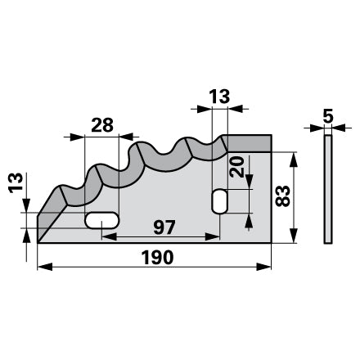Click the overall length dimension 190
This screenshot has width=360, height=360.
pyautogui.click(x=158, y=257)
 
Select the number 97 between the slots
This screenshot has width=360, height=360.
pyautogui.click(x=164, y=227)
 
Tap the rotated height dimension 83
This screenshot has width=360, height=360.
pyautogui.click(x=282, y=196)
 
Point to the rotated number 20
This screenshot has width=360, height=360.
pyautogui.click(x=236, y=167)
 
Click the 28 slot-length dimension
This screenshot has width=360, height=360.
pyautogui.click(x=102, y=125)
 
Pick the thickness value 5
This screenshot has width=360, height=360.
pyautogui.click(x=328, y=116)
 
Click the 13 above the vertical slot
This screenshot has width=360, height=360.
pyautogui.click(x=219, y=97)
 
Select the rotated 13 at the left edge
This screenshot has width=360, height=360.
pyautogui.click(x=16, y=183)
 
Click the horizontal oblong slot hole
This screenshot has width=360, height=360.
pyautogui.click(x=102, y=220)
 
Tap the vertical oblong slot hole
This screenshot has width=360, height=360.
pyautogui.click(x=219, y=201)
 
